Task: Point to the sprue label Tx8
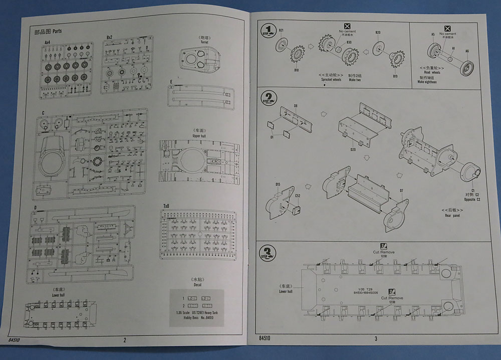point(166,207)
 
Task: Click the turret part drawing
point(201,60)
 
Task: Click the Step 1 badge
point(269,31)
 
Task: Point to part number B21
point(281,31)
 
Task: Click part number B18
point(296,70)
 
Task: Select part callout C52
point(298,195)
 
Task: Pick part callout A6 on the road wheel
point(467,51)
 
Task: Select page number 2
point(124,340)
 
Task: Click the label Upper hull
point(199,136)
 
